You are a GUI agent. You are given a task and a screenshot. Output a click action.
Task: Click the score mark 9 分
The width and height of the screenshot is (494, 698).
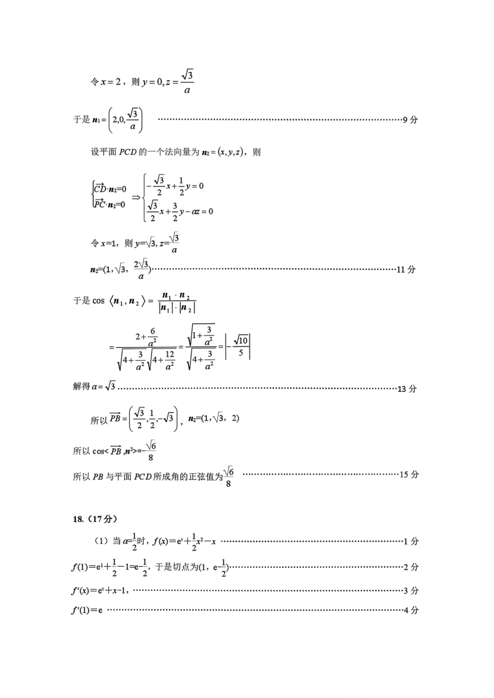(410, 120)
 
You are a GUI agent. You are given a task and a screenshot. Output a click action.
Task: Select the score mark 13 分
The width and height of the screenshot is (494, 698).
(407, 389)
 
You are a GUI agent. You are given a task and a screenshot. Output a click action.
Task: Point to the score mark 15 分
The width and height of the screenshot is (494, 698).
(409, 474)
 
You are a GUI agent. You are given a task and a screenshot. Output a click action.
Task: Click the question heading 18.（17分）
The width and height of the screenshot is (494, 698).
(95, 519)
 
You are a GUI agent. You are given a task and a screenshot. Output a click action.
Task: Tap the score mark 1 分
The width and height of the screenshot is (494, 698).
(411, 542)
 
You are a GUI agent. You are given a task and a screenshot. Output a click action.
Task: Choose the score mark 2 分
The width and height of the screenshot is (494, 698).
(411, 567)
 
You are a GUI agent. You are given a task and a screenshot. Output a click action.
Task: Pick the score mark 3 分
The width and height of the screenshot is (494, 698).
(411, 591)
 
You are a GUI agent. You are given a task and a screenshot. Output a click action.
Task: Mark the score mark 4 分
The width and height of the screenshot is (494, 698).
(411, 610)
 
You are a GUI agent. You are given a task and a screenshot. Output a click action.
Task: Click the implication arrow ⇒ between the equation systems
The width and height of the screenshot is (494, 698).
(136, 197)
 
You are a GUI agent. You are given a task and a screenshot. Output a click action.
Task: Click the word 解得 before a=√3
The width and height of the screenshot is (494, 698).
(81, 387)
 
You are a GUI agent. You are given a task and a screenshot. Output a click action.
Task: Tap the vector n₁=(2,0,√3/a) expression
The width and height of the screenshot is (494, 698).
(117, 120)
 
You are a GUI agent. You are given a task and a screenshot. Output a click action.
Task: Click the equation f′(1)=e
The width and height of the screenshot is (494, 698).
(87, 610)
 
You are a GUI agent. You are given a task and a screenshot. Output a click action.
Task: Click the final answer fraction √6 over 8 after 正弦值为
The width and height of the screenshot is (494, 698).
(228, 477)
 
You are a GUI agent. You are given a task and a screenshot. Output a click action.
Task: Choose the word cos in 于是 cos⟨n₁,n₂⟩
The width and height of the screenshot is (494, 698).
(98, 301)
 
